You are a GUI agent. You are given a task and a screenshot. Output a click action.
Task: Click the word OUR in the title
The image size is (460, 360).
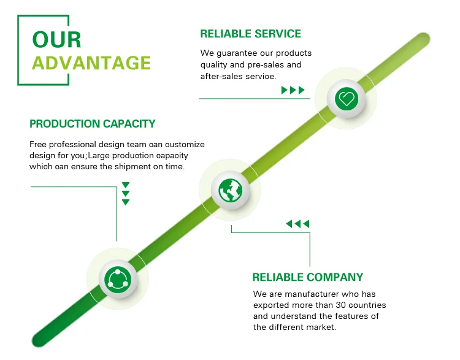click(x=56, y=40)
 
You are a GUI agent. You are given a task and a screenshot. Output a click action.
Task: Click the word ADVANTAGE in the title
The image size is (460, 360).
click(x=91, y=63)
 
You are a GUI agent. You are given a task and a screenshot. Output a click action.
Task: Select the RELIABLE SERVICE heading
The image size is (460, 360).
click(x=250, y=34)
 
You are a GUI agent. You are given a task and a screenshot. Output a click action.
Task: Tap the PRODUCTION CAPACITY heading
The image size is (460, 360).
click(x=93, y=124)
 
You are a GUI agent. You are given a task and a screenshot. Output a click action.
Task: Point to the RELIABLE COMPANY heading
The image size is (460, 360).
click(x=308, y=277)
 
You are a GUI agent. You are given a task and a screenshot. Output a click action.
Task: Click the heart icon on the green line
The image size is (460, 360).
click(x=347, y=99)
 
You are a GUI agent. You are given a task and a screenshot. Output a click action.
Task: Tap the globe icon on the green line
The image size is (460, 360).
click(x=230, y=190)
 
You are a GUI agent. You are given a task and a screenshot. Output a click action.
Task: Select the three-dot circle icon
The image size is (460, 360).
click(x=118, y=278)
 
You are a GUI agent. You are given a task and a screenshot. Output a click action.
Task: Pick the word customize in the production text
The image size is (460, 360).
click(x=185, y=144)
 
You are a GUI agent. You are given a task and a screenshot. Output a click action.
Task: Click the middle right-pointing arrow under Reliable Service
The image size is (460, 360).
click(x=293, y=90)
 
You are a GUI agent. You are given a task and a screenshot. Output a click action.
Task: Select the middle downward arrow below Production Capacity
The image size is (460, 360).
click(x=126, y=194)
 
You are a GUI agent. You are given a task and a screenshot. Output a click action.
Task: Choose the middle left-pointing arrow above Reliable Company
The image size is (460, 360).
click(x=297, y=224)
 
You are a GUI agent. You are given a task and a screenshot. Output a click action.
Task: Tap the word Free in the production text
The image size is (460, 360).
click(x=38, y=144)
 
